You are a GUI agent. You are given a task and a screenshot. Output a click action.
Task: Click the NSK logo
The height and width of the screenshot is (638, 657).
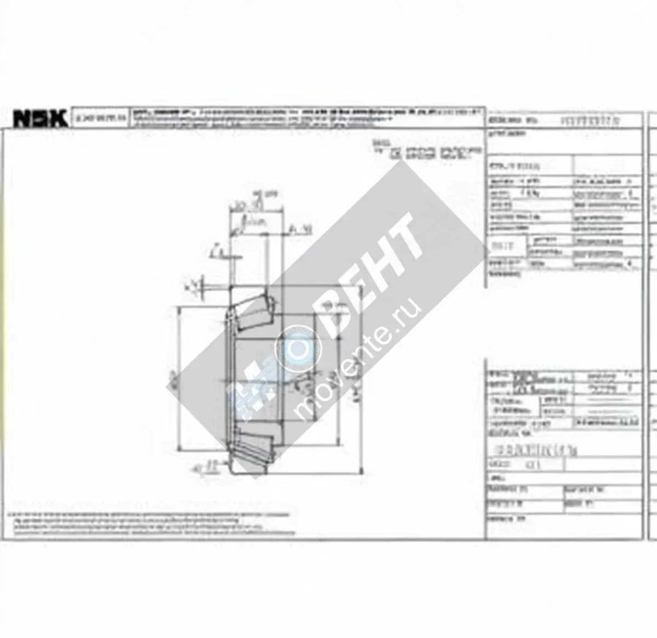tap(40, 118)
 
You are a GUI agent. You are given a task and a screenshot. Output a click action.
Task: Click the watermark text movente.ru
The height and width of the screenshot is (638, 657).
tap(359, 359)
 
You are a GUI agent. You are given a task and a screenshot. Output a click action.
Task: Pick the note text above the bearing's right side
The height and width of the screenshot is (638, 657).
tap(427, 151)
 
